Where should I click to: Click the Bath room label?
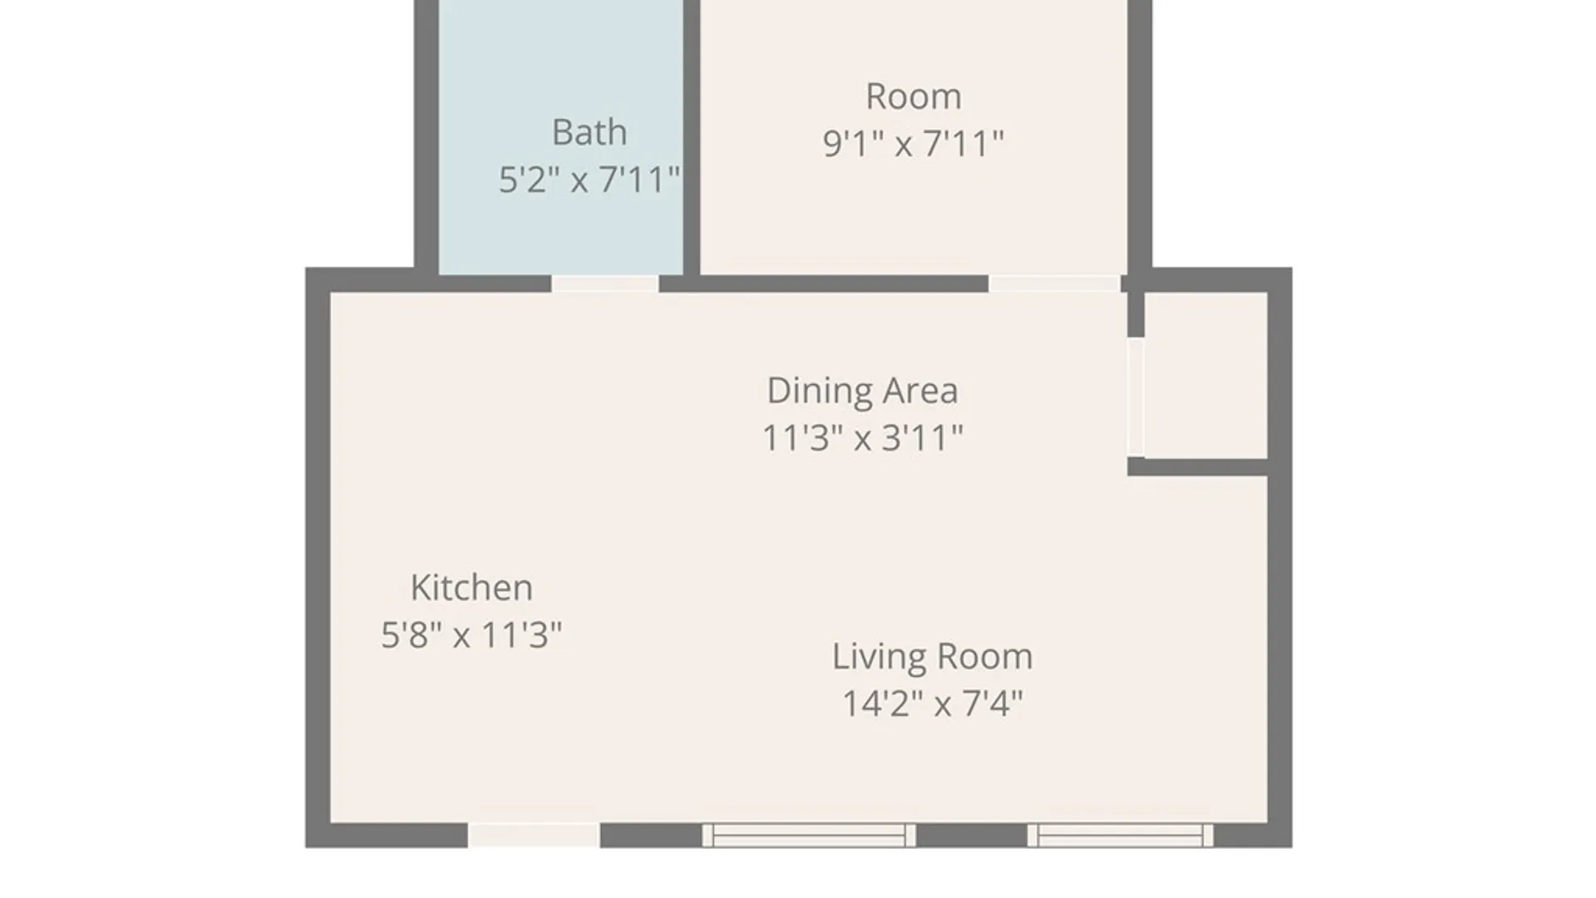click(x=589, y=132)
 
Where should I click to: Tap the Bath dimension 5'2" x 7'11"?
click(x=589, y=180)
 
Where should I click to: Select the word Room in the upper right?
click(x=914, y=96)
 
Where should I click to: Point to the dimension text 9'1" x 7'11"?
click(x=914, y=144)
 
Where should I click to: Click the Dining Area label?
click(x=862, y=391)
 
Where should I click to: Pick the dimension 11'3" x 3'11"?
click(x=862, y=438)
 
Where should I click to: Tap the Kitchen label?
click(x=471, y=588)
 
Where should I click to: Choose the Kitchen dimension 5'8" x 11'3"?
click(x=471, y=635)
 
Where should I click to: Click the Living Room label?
click(x=932, y=657)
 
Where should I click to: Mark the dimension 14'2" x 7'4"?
click(x=932, y=704)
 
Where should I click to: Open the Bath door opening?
click(x=605, y=284)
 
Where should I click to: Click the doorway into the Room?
click(x=1054, y=284)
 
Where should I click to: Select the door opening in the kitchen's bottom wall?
click(x=534, y=835)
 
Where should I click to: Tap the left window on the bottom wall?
click(x=809, y=835)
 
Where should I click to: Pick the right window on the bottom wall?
click(x=1120, y=835)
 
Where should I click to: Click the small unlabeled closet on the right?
click(x=1206, y=375)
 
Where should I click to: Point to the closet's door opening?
click(x=1135, y=397)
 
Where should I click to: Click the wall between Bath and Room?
click(x=692, y=137)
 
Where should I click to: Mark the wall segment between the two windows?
click(x=972, y=835)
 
